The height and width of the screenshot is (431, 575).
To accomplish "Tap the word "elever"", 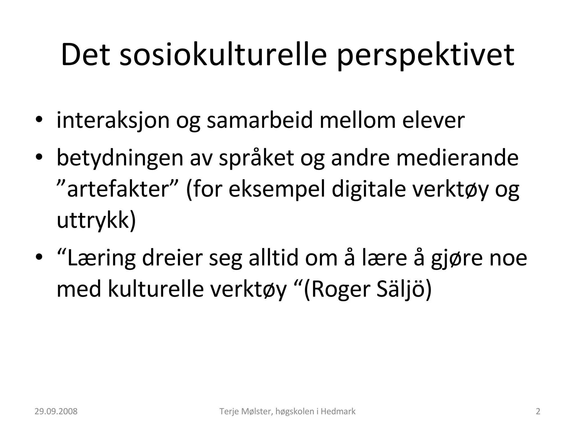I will (x=433, y=120).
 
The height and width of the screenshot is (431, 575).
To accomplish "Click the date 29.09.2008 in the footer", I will (x=56, y=411).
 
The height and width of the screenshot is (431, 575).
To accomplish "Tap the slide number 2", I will (x=538, y=411).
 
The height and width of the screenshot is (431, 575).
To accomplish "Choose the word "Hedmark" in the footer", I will (x=338, y=411).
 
